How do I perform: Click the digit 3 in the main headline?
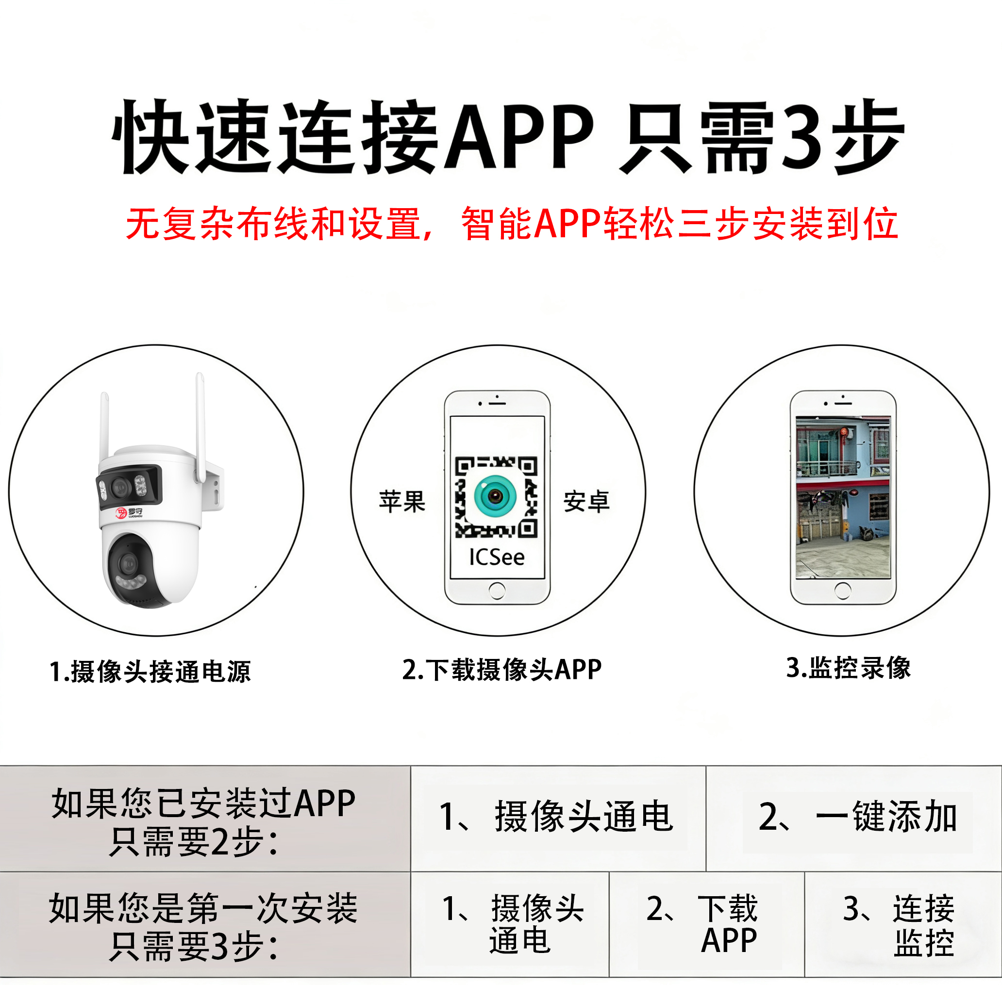pyautogui.click(x=801, y=136)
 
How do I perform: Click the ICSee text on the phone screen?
pyautogui.click(x=496, y=557)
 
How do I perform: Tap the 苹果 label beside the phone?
pyautogui.click(x=401, y=501)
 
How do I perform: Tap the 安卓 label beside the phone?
pyautogui.click(x=586, y=501)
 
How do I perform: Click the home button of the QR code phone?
pyautogui.click(x=497, y=591)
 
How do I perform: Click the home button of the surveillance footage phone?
pyautogui.click(x=843, y=591)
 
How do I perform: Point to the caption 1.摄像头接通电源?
pyautogui.click(x=150, y=672)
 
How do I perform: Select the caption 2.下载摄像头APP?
pyautogui.click(x=501, y=670)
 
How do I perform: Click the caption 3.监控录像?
pyautogui.click(x=848, y=668)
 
